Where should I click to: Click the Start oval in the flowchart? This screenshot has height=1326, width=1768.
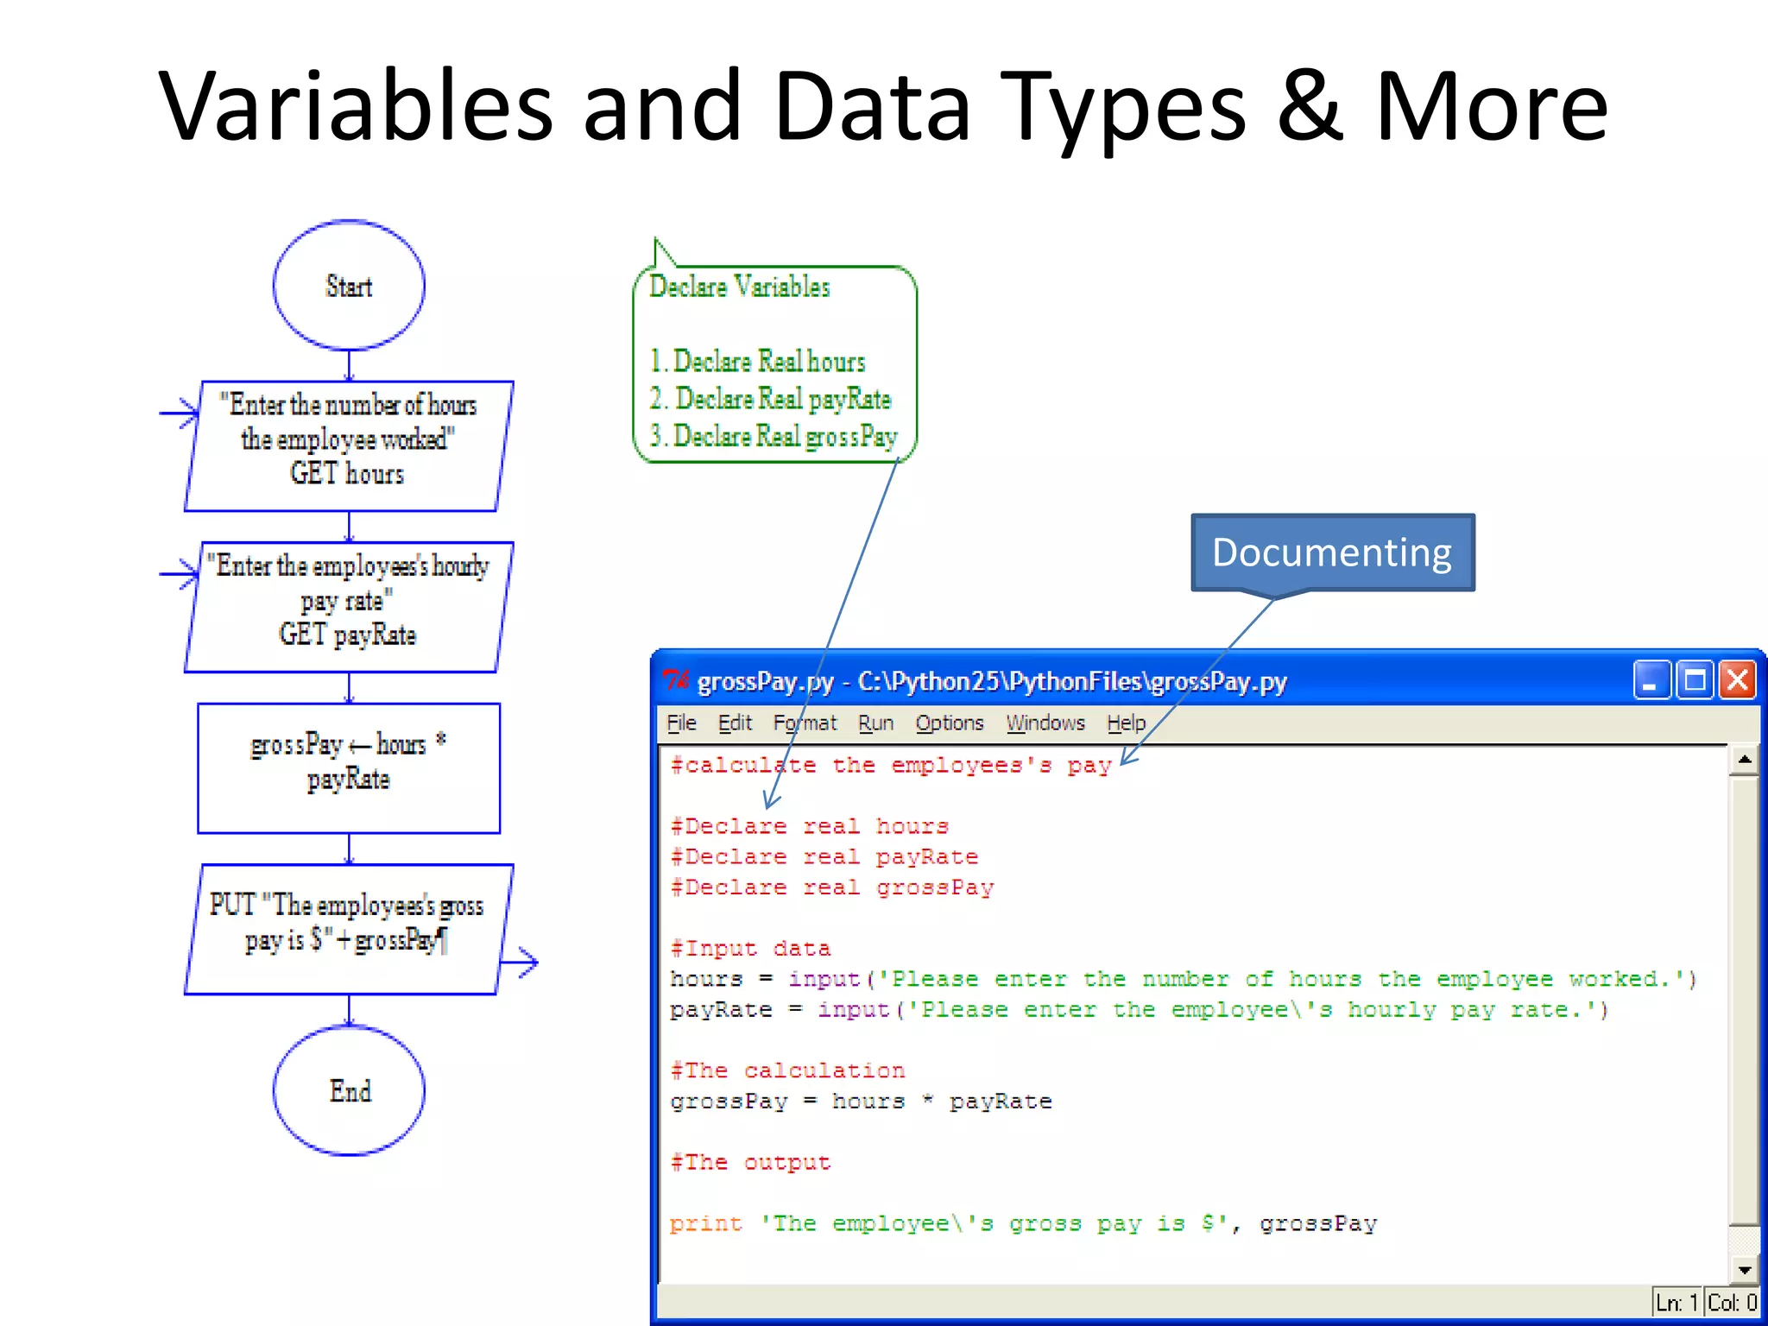click(349, 286)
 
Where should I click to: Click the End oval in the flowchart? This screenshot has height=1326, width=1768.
click(349, 1090)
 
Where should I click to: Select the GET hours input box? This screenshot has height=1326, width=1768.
click(349, 445)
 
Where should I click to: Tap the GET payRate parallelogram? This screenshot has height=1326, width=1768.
click(349, 607)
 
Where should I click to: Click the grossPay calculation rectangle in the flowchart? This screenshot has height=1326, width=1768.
click(349, 767)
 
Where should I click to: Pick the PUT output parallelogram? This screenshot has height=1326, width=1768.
click(349, 929)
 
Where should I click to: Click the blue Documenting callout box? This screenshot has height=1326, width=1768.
click(1332, 552)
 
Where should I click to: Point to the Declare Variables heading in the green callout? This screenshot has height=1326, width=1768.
click(739, 287)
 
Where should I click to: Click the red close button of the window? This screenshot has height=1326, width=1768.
click(1737, 680)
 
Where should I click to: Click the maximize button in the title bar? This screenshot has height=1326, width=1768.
click(1695, 680)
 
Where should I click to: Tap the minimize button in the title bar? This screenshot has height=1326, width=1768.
click(1651, 680)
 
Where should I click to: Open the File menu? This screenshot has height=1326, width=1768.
click(681, 723)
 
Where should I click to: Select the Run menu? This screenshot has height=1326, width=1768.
click(875, 723)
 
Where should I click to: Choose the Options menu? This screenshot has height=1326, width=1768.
click(950, 723)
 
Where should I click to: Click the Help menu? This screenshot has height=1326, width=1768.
click(1127, 723)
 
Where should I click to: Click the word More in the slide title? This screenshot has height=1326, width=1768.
click(1491, 105)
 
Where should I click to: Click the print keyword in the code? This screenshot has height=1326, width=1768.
click(705, 1223)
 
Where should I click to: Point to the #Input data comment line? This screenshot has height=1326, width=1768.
click(750, 949)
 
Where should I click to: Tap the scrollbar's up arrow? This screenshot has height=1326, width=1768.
click(1745, 760)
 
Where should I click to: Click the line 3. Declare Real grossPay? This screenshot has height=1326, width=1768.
click(773, 437)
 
